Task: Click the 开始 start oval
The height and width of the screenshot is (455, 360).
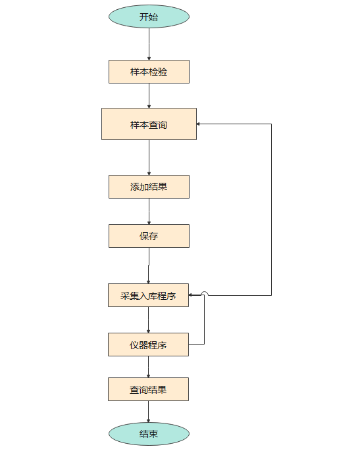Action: (x=149, y=16)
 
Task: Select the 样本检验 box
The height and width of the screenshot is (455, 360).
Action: (x=149, y=72)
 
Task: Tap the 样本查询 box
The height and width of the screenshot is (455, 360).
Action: (x=149, y=124)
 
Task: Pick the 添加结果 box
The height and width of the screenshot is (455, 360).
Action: (x=149, y=187)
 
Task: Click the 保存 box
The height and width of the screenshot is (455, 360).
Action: (x=149, y=236)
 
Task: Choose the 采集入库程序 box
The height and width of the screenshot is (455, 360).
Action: (x=148, y=296)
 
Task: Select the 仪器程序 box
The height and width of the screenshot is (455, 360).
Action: (x=148, y=345)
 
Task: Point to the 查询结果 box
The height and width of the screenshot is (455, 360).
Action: (x=148, y=389)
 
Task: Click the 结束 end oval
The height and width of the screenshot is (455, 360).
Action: (x=149, y=434)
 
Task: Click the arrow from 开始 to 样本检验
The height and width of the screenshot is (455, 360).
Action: (x=149, y=44)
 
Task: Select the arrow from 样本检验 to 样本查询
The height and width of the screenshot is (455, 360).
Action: (x=149, y=95)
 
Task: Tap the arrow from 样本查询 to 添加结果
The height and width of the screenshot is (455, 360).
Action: (x=149, y=157)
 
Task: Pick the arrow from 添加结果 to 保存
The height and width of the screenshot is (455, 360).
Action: (x=149, y=211)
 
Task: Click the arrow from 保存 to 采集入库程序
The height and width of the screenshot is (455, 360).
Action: (x=149, y=266)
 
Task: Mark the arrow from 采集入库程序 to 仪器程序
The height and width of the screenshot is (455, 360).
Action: (x=148, y=320)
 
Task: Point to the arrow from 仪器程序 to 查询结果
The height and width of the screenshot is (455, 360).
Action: (x=148, y=367)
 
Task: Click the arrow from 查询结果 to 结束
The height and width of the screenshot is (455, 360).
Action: (x=148, y=412)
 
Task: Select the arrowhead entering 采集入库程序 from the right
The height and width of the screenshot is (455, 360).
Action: (x=192, y=296)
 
